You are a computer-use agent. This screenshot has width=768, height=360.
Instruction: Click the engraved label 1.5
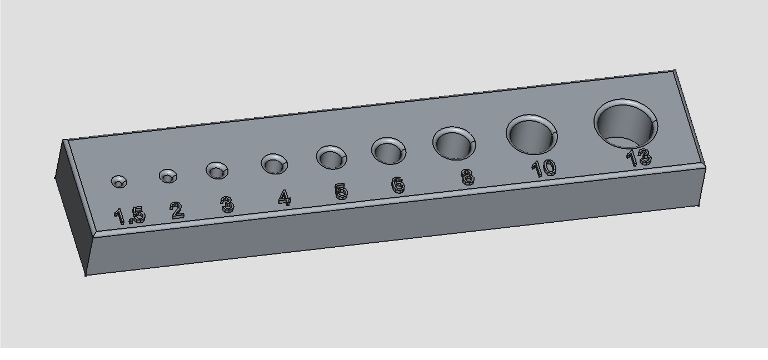pos(129,216)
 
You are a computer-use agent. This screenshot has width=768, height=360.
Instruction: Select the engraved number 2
pos(177,211)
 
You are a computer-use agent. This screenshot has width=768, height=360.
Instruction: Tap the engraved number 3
pos(227,204)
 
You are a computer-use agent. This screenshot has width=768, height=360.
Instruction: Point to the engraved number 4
pos(285,197)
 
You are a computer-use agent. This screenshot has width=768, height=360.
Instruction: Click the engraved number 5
pos(341,191)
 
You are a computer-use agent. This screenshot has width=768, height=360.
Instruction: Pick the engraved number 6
pos(398,185)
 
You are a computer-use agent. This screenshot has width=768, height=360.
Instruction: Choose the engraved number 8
pos(467,177)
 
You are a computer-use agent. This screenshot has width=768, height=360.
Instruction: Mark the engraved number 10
pos(544,168)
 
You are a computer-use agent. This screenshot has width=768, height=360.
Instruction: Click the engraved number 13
pos(639,158)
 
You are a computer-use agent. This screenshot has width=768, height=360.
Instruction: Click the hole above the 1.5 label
pos(119,181)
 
